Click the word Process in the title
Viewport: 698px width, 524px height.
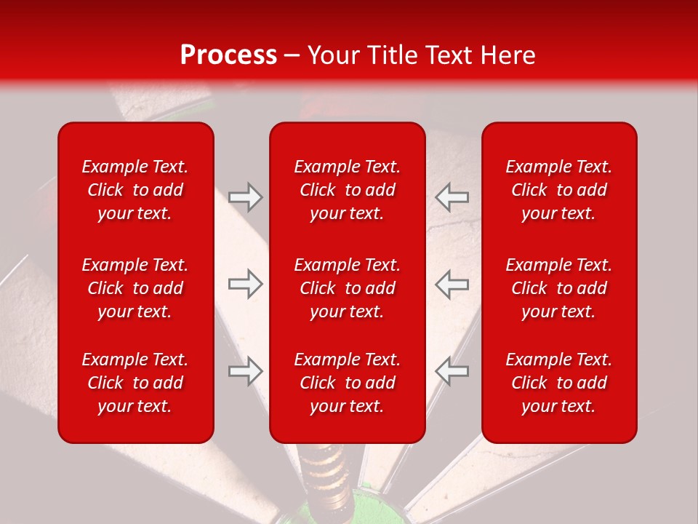[x=228, y=55]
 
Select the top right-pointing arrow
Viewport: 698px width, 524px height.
[x=246, y=197]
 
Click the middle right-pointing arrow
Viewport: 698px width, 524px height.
[x=246, y=284]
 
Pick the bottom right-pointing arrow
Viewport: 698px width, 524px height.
[x=246, y=370]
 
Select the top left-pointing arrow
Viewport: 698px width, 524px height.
[x=452, y=197]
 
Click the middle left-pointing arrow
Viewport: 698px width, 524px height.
[x=452, y=284]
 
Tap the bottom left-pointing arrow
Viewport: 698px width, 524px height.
[x=452, y=370]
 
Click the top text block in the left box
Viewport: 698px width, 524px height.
[x=135, y=190]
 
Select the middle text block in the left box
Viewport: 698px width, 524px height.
[x=135, y=288]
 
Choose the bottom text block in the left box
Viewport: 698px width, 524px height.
[x=135, y=383]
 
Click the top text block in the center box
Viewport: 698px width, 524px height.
[x=347, y=190]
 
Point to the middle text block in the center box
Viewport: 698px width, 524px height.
[x=347, y=288]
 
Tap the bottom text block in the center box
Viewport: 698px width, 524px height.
[x=347, y=383]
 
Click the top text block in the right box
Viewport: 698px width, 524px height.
[x=558, y=190]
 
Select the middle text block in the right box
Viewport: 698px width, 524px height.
[x=558, y=288]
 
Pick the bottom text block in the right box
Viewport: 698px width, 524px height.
[x=558, y=383]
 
